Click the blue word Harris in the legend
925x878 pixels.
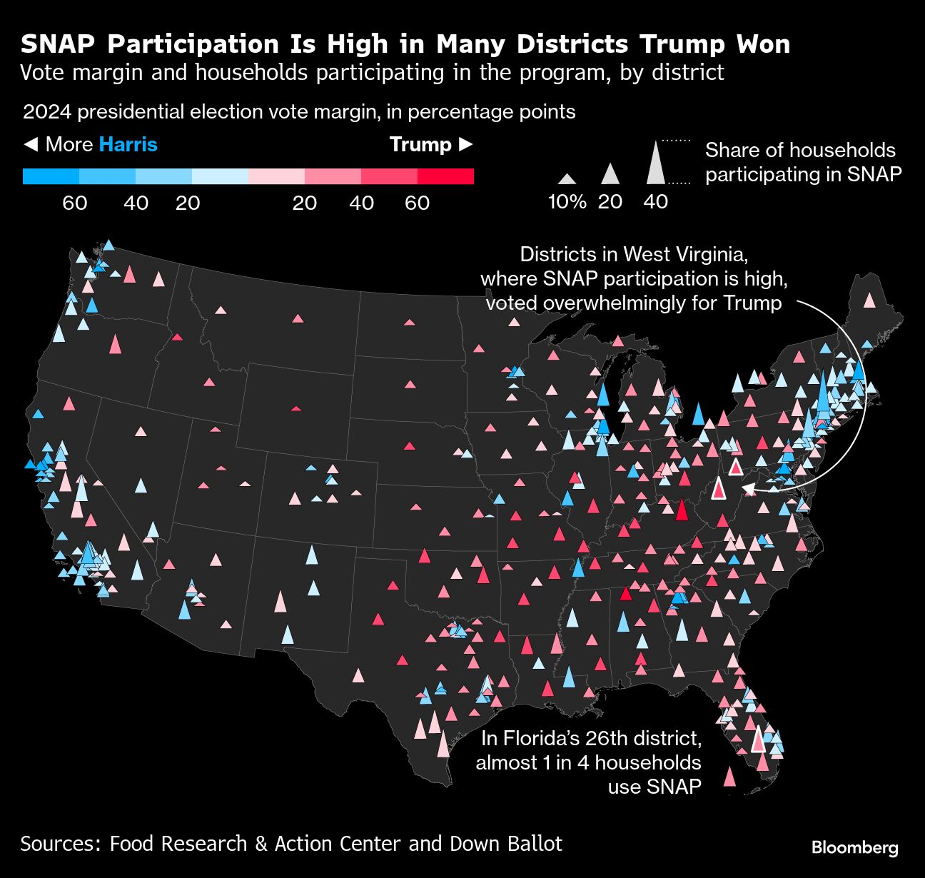(x=128, y=144)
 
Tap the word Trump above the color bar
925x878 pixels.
(x=420, y=144)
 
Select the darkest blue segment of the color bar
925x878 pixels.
(x=51, y=176)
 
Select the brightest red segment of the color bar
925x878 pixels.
(x=445, y=176)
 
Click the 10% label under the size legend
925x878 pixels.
(x=567, y=202)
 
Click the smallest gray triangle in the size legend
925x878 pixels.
(x=567, y=180)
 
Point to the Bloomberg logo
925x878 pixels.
(x=854, y=847)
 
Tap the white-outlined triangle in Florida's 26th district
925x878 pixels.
(x=758, y=741)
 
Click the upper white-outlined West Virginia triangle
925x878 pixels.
(x=735, y=467)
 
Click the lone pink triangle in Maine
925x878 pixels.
(x=869, y=301)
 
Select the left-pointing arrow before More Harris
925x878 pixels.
(x=30, y=144)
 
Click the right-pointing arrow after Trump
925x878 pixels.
(x=465, y=144)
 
